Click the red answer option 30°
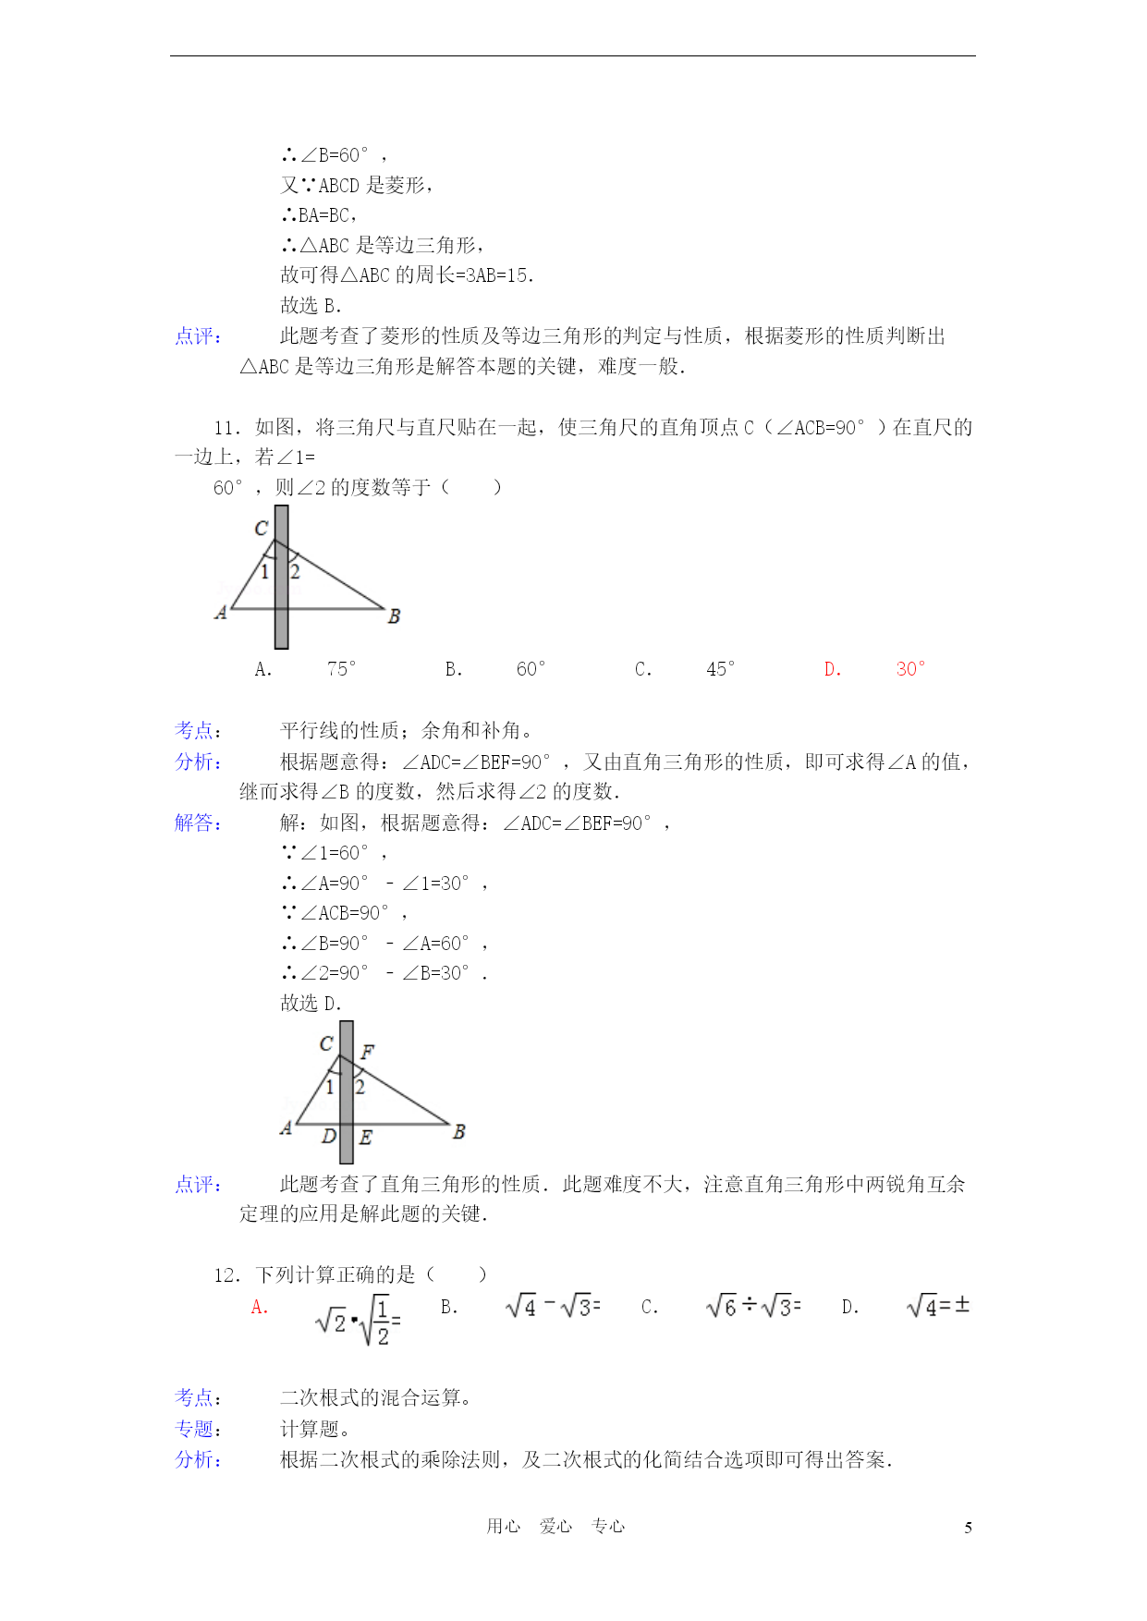point(910,669)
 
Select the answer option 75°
point(341,669)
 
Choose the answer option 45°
point(721,669)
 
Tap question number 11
point(227,427)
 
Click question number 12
point(227,1275)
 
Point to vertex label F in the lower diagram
point(367,1052)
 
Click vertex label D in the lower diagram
point(328,1137)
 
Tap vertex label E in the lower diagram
point(366,1138)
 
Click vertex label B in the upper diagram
point(394,616)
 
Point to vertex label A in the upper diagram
point(221,612)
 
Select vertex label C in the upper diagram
point(261,528)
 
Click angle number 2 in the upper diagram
point(295,572)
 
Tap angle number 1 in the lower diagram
point(330,1088)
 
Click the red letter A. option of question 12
point(260,1308)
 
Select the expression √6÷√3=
point(752,1306)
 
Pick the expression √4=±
point(937,1306)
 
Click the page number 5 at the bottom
point(968,1528)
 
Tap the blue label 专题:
point(198,1429)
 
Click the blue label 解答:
point(198,823)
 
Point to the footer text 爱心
point(555,1527)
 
